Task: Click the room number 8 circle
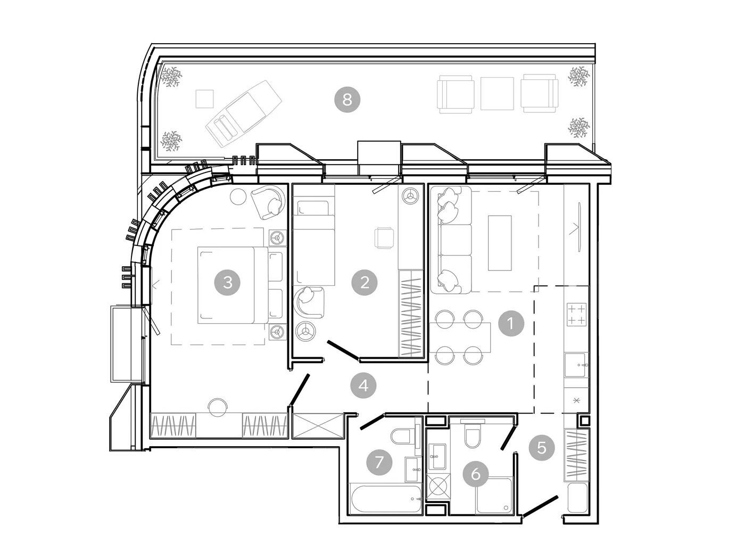tap(347, 100)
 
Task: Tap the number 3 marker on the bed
tap(227, 282)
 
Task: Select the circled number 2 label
tap(365, 282)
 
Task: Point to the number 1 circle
tap(511, 323)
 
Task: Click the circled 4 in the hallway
tap(363, 385)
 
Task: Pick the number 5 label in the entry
tap(541, 447)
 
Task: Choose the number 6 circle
tap(476, 474)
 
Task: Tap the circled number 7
tap(379, 462)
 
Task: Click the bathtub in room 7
tap(386, 499)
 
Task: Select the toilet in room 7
tap(403, 437)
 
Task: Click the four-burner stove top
tap(576, 314)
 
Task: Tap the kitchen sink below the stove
tap(576, 365)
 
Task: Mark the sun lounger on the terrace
tap(243, 113)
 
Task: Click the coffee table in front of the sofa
tap(500, 243)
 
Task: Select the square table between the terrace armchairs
tap(497, 94)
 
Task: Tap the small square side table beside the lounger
tap(204, 99)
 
